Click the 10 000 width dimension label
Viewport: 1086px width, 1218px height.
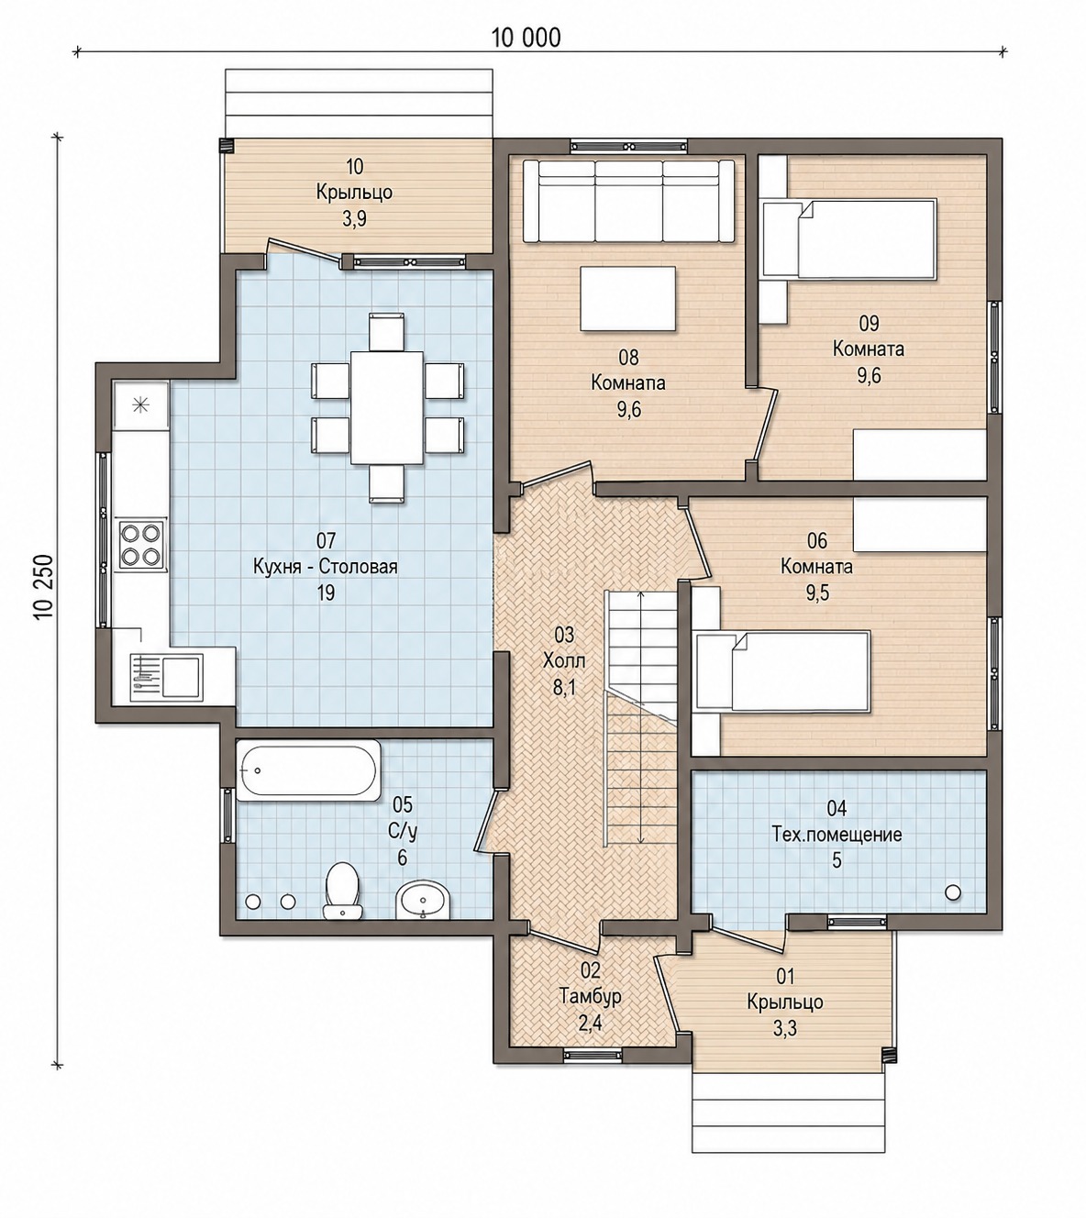click(526, 38)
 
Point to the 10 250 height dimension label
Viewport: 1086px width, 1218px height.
click(46, 586)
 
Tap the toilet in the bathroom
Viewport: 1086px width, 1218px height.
click(342, 900)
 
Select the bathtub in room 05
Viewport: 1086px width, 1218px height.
click(308, 770)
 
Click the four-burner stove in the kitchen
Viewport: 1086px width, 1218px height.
click(142, 545)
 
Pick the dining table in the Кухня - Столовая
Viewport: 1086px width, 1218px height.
click(387, 407)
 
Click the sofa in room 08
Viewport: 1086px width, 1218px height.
click(628, 202)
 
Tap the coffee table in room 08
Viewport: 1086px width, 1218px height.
click(627, 299)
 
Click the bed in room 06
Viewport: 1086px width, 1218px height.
click(784, 670)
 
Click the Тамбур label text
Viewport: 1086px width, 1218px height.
click(590, 995)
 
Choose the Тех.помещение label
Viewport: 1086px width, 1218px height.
click(837, 835)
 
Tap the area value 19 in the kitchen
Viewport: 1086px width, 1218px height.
click(326, 592)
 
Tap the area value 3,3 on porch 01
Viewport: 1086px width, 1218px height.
click(785, 1029)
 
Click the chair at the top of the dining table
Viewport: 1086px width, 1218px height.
click(387, 331)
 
